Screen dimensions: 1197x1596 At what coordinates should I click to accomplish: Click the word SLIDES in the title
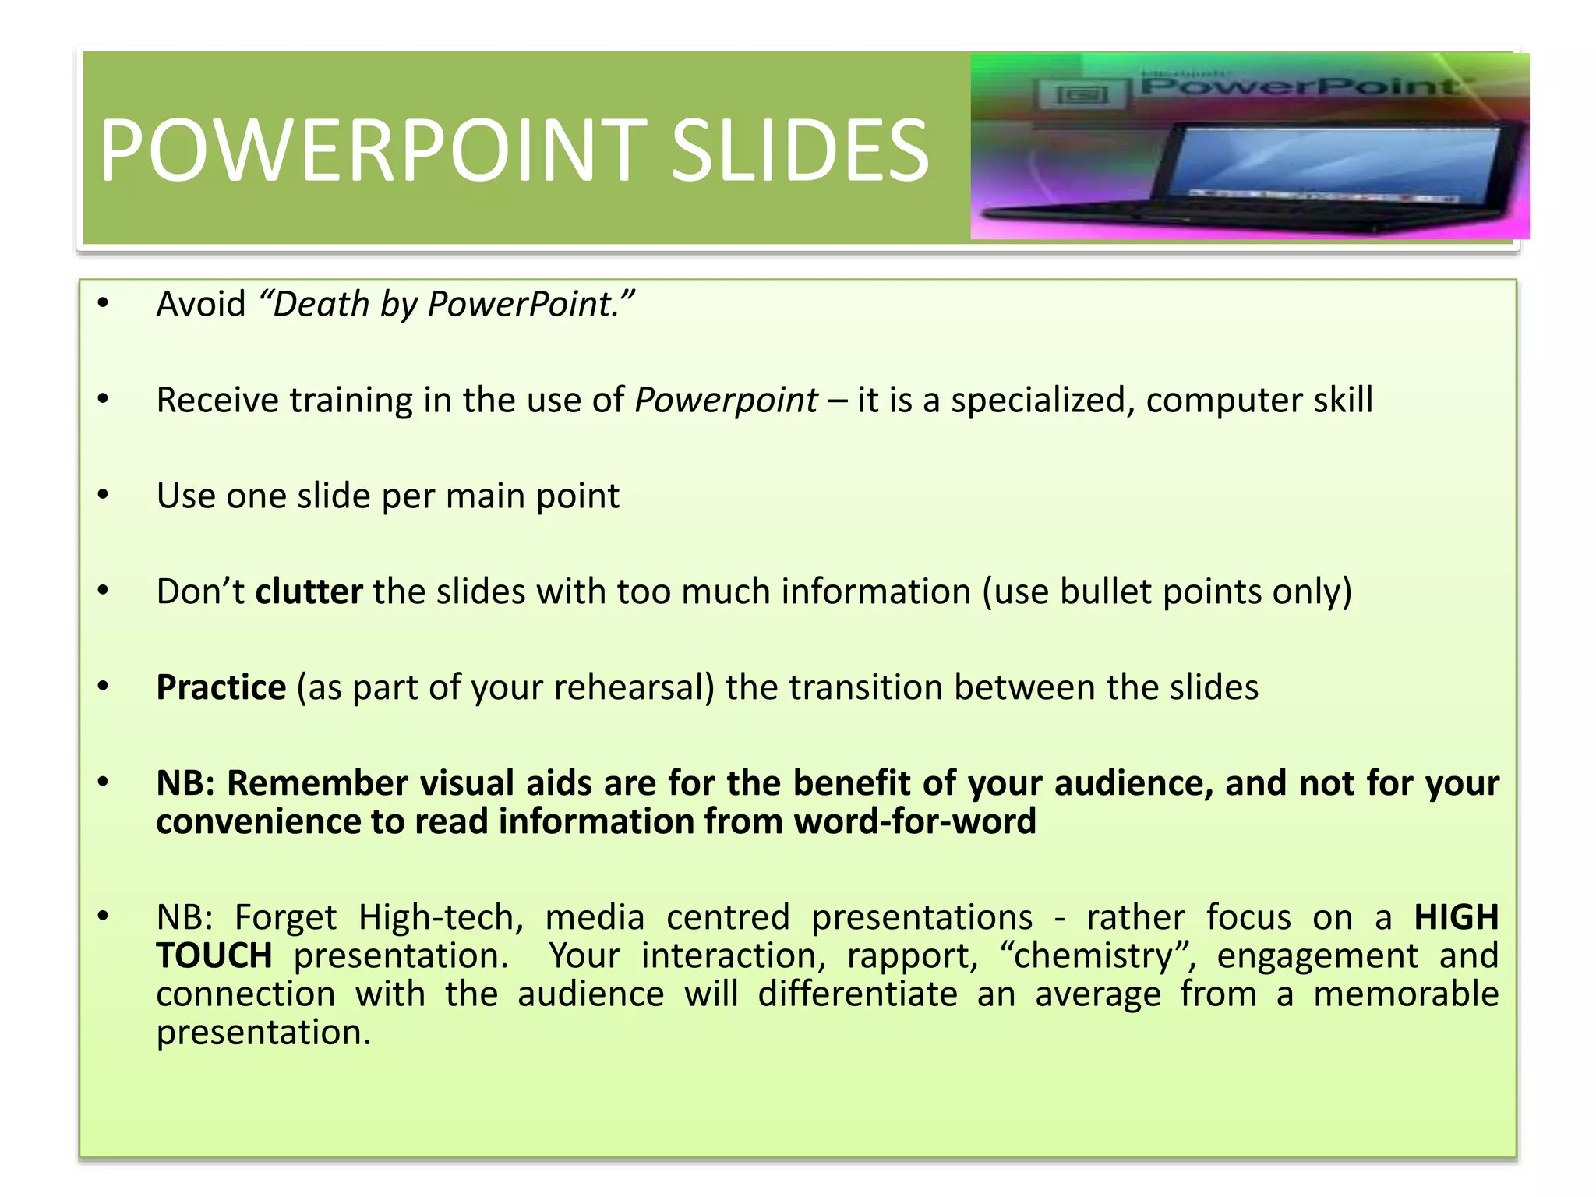(x=800, y=150)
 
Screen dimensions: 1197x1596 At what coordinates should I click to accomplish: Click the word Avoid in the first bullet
(x=201, y=304)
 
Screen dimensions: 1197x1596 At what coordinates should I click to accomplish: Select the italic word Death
(x=320, y=304)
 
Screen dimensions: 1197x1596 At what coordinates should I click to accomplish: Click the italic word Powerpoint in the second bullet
(x=726, y=400)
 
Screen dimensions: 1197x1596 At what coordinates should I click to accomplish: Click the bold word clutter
(x=309, y=591)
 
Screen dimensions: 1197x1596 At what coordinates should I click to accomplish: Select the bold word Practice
(x=221, y=687)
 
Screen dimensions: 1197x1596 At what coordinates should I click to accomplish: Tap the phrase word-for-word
(x=915, y=821)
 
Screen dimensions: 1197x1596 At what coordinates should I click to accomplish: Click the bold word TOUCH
(x=214, y=955)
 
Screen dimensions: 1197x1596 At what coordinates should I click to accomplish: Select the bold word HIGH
(x=1456, y=917)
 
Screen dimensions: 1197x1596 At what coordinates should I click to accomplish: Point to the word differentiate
(x=857, y=994)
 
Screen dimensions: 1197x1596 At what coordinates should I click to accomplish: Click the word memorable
(x=1405, y=994)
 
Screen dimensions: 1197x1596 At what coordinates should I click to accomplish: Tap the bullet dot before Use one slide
(x=103, y=496)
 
